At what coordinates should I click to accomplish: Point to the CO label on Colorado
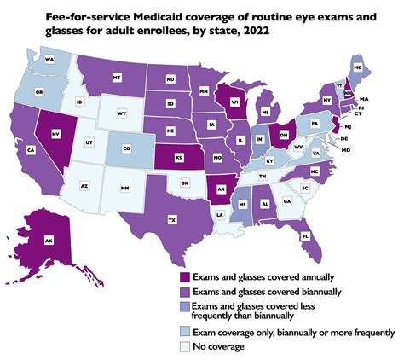127,148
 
